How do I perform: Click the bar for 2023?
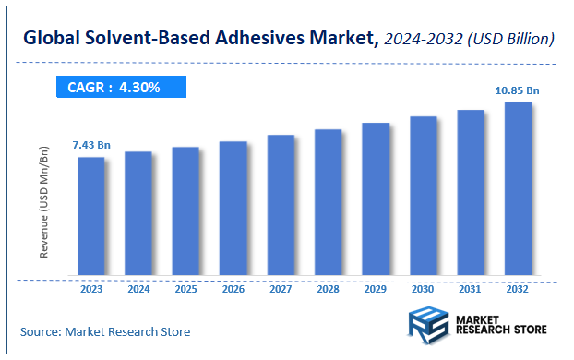[x=90, y=216]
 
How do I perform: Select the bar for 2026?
[x=233, y=209]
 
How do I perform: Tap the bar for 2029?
[x=376, y=198]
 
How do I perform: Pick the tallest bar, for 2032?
[x=519, y=188]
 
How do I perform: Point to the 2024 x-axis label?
[x=138, y=290]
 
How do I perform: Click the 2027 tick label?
[x=281, y=290]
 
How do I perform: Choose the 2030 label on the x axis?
[x=424, y=290]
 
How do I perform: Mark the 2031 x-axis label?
[x=471, y=290]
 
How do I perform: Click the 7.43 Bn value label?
[x=90, y=146]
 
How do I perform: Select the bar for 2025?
[x=185, y=211]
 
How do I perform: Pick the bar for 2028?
[x=329, y=202]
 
